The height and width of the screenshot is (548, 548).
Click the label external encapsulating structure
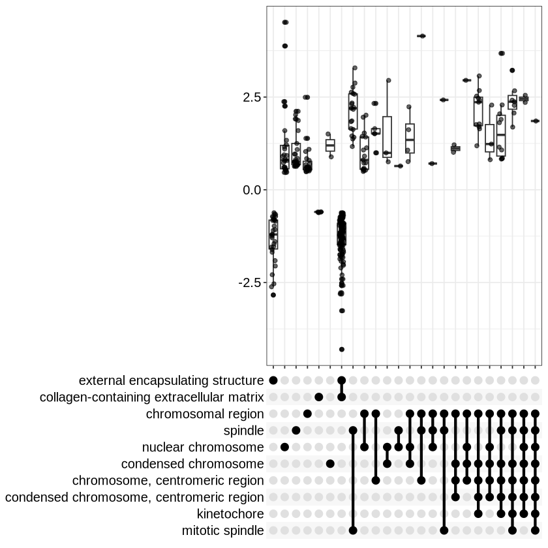[171, 380]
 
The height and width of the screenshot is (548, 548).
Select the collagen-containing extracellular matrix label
[151, 397]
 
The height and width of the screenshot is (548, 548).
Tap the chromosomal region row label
[205, 414]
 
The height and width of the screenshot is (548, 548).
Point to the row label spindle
[243, 431]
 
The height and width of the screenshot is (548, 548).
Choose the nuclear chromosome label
[203, 448]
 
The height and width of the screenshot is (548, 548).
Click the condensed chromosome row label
[192, 464]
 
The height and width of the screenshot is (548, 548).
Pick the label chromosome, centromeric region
[168, 481]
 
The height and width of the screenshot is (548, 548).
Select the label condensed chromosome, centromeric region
[134, 498]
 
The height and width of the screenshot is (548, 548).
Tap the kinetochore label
[230, 514]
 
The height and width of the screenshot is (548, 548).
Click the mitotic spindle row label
[223, 531]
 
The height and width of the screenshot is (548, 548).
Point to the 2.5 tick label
[252, 97]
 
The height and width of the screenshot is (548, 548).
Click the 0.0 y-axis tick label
[252, 190]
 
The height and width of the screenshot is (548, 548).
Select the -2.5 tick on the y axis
[250, 283]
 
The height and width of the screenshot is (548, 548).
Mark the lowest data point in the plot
[342, 349]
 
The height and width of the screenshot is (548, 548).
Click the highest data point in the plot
[285, 22]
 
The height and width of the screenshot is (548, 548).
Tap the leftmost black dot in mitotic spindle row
[353, 530]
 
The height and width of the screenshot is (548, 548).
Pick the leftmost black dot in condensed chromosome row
[330, 464]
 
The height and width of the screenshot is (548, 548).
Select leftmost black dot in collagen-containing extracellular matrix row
[319, 397]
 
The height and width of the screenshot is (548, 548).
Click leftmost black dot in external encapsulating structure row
[273, 380]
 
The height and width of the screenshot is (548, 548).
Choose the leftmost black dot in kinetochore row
[478, 514]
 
